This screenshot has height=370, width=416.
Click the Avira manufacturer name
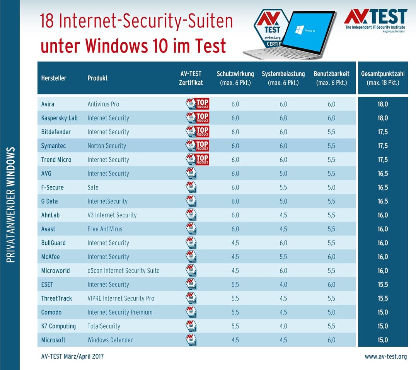[x=48, y=104]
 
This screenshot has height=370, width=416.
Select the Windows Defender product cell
[x=110, y=340]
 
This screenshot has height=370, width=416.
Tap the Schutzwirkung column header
[x=235, y=78]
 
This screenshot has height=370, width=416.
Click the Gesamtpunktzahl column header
[x=382, y=78]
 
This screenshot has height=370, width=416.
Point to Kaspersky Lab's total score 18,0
[x=382, y=118]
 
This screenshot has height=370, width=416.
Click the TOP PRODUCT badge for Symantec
[x=198, y=146]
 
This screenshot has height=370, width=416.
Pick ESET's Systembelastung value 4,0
[x=283, y=285]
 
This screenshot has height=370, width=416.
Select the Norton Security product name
[x=107, y=146]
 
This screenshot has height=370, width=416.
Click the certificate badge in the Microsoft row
[x=191, y=340]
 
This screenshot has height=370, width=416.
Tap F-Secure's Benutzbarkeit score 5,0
[x=331, y=188]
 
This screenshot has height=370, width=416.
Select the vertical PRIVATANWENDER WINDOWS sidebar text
[x=10, y=205]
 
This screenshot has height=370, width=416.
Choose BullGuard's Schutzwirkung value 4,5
[x=235, y=243]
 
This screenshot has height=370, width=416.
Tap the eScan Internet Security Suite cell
[x=123, y=271]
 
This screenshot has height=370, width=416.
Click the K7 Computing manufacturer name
[x=58, y=326]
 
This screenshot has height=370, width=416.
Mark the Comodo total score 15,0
[x=382, y=312]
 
